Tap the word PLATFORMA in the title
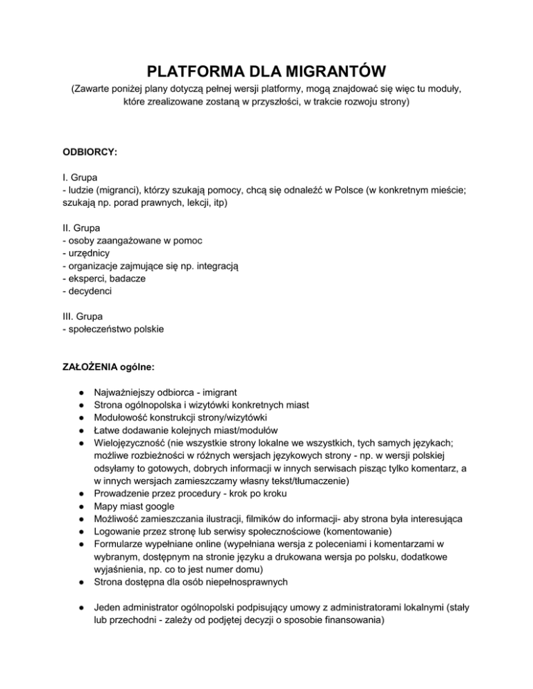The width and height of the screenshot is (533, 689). click(x=186, y=71)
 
